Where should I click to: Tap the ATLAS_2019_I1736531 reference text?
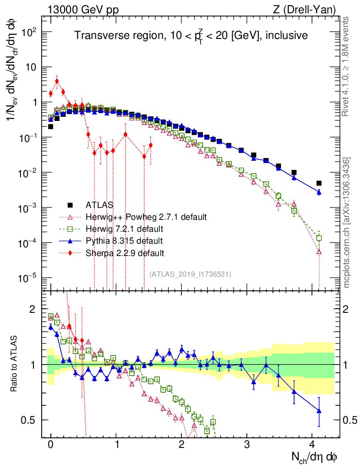point(190,274)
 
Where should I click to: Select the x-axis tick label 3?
point(247,445)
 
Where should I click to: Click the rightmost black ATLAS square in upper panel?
point(319,183)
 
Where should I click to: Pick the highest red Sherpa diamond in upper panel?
point(57,81)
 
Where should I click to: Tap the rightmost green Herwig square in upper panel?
point(319,238)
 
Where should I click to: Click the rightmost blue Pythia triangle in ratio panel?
point(319,411)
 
